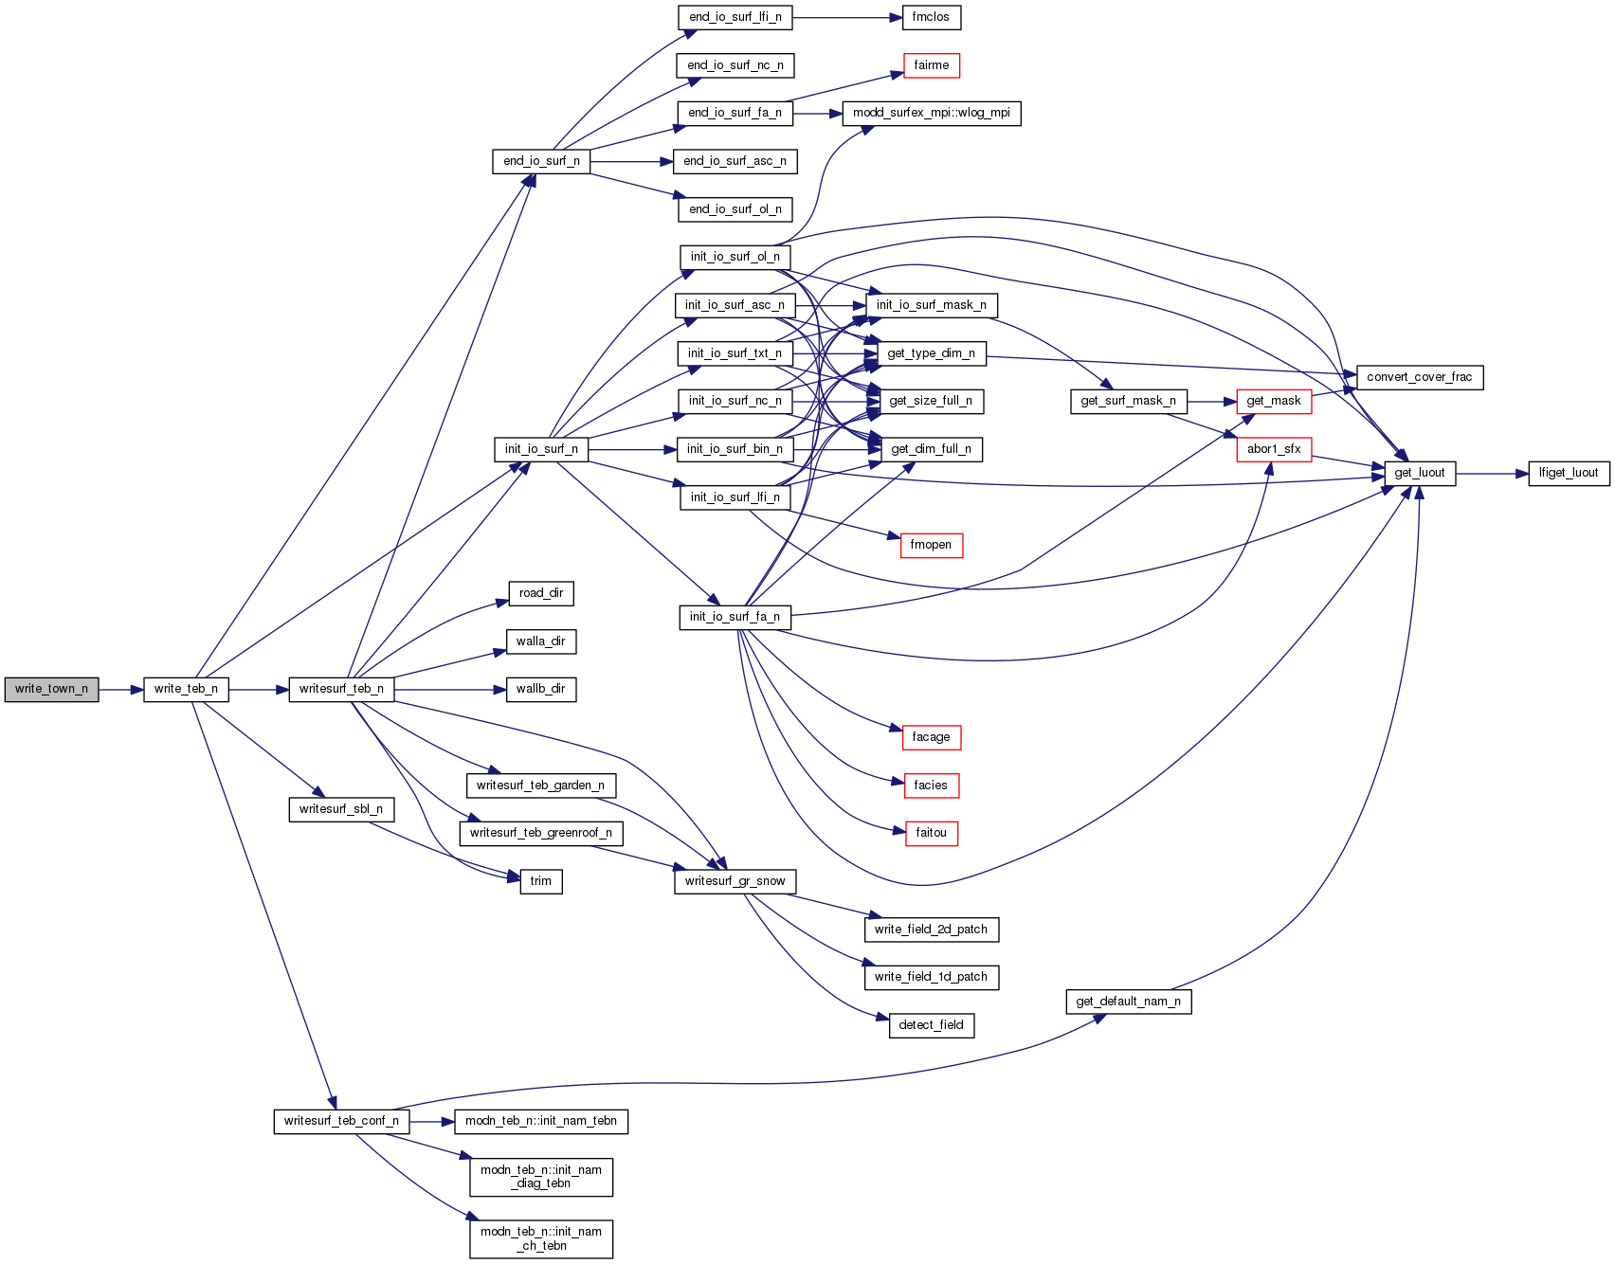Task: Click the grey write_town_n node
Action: pos(51,690)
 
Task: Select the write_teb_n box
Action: pos(186,690)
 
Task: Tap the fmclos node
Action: pos(931,17)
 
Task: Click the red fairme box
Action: pos(931,65)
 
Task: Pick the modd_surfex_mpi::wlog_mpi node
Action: pos(931,113)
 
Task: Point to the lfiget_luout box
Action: pos(1568,473)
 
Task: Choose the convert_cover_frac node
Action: pos(1419,377)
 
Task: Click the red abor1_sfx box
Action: pos(1274,449)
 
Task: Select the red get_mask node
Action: pos(1274,401)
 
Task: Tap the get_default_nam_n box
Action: pos(1128,1002)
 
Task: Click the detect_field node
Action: pos(931,1025)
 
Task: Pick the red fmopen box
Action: pos(931,545)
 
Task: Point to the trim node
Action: pos(540,881)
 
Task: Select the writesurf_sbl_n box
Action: pos(341,809)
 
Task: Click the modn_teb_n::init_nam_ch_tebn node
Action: pos(540,1238)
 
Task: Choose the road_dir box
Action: pos(540,593)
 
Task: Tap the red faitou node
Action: pos(931,833)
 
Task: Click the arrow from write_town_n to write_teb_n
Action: pos(120,690)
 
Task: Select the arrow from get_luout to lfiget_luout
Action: pos(1492,473)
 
